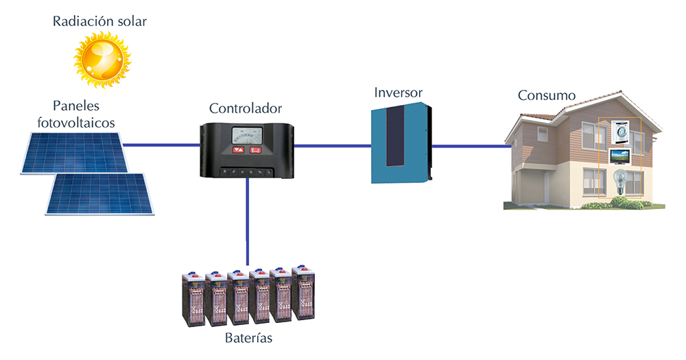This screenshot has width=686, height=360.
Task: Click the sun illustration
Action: pos(102,59)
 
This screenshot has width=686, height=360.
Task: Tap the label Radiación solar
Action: pos(99,21)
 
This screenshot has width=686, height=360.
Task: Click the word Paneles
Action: pos(76,106)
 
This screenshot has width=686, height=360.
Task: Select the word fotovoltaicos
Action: pos(76,123)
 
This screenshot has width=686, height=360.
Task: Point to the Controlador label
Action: pos(246,108)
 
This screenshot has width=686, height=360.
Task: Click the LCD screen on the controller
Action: pos(247,136)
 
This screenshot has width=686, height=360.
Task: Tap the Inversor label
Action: pos(398,93)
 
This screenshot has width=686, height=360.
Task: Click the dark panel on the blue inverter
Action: pos(394,136)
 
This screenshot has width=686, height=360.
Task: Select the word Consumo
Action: pos(547,95)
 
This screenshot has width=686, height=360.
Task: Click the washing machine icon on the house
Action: pos(620,132)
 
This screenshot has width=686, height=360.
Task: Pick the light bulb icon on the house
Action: pos(619,182)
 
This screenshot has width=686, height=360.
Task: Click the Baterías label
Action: pos(248,337)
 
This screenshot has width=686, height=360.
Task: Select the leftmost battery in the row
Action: pos(193,300)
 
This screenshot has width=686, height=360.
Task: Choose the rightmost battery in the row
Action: pos(303,292)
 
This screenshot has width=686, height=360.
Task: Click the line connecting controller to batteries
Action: pos(248,221)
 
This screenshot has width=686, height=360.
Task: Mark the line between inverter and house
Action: pos(472,146)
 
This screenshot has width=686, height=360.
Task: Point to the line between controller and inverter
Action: pos(333,145)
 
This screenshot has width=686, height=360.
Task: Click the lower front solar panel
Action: pos(99,194)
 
